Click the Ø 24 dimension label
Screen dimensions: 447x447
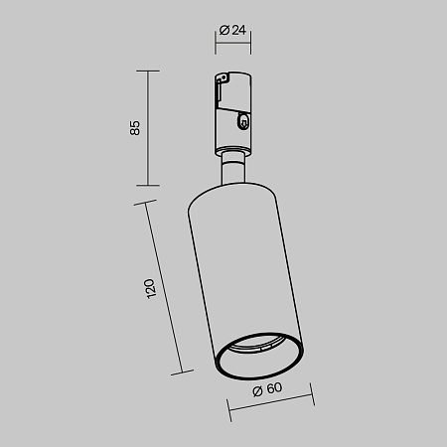(x=232, y=30)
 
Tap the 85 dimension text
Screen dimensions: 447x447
(x=136, y=127)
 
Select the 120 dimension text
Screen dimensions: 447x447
(x=149, y=289)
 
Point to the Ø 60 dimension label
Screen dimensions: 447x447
(x=265, y=390)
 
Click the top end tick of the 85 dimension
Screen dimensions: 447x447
(x=148, y=71)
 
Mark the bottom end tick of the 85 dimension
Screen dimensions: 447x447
(x=148, y=185)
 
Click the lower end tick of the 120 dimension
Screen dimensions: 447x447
(x=181, y=373)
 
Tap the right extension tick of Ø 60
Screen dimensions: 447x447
(x=312, y=402)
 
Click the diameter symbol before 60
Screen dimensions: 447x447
(x=256, y=390)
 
